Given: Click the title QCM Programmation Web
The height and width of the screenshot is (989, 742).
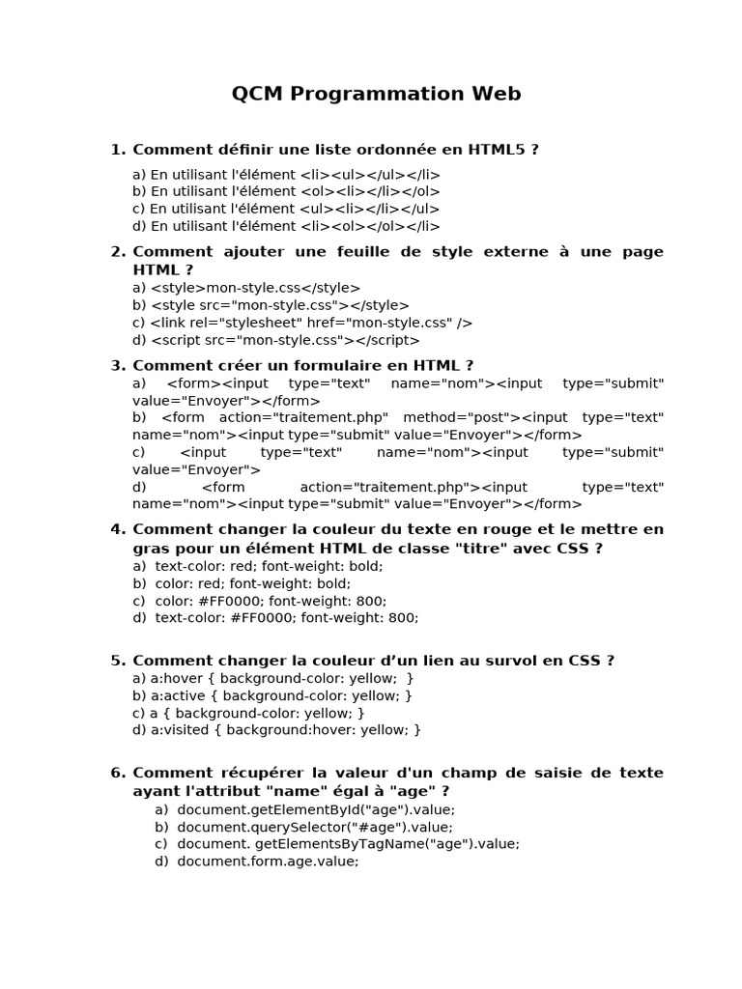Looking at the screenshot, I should (x=376, y=94).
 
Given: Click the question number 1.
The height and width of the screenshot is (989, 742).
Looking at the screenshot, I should (x=117, y=150).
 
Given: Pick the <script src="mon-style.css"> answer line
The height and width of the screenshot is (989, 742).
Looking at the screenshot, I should (x=276, y=340).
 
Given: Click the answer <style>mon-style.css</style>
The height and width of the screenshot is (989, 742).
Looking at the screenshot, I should (x=246, y=288).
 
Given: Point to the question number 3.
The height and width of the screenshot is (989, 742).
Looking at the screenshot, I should (x=117, y=365).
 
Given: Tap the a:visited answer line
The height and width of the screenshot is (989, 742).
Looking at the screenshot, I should (x=277, y=730).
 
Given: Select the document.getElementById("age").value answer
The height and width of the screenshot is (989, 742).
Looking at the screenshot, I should (x=315, y=809).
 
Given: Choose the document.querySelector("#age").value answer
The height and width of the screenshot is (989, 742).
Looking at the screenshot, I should (x=314, y=827).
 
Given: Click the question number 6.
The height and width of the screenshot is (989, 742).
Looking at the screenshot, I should (x=117, y=773).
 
